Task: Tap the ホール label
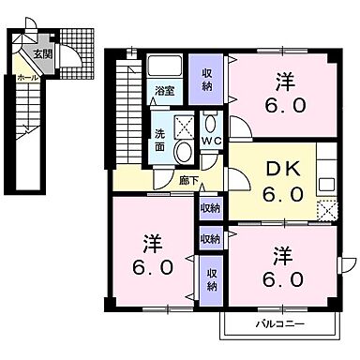(27, 77)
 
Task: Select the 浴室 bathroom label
(164, 92)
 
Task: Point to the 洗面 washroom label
(159, 139)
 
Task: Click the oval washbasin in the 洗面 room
(183, 156)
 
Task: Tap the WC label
(211, 142)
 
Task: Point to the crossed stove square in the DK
(326, 210)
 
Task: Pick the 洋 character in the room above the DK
(282, 80)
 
